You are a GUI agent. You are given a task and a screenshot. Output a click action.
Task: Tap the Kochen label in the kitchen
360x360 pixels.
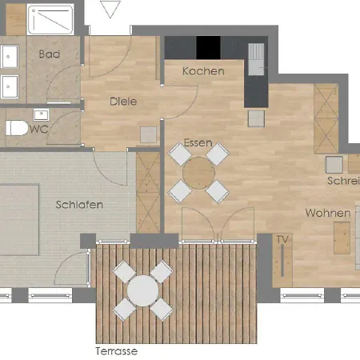click(x=202, y=71)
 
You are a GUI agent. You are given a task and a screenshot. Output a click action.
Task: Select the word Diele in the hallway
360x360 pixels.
click(x=123, y=102)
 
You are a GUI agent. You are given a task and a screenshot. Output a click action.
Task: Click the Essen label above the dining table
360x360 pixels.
click(x=198, y=143)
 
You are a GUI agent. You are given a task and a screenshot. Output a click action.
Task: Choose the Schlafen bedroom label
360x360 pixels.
click(x=79, y=205)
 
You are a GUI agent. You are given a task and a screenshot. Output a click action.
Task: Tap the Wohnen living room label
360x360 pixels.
click(x=326, y=214)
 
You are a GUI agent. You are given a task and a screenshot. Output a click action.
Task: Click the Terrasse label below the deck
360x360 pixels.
click(x=117, y=351)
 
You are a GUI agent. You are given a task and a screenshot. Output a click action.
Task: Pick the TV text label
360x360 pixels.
click(x=282, y=239)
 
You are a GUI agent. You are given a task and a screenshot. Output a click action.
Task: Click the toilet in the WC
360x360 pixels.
click(x=16, y=128)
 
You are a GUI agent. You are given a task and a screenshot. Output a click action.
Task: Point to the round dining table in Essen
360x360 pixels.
click(x=198, y=171)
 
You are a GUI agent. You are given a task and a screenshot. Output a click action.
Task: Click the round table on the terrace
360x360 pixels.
click(x=142, y=290)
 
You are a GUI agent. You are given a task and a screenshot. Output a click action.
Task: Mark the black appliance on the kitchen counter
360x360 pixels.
click(x=208, y=47)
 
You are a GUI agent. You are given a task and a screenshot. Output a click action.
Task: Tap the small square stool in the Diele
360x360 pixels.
click(x=147, y=134)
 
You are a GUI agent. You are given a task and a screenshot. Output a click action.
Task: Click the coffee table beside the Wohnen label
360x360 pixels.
click(x=341, y=237)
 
